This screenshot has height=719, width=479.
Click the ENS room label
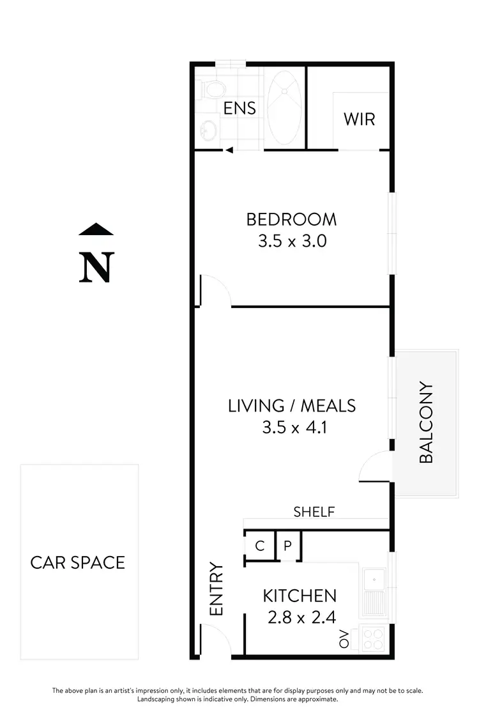pyautogui.click(x=240, y=108)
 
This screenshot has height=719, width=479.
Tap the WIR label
pyautogui.click(x=359, y=119)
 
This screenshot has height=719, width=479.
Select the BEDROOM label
pyautogui.click(x=291, y=220)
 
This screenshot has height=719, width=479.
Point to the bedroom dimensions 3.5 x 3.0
pyautogui.click(x=291, y=242)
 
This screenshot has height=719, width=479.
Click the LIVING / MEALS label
pyautogui.click(x=292, y=406)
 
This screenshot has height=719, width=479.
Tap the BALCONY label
pyautogui.click(x=426, y=422)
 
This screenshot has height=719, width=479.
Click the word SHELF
pyautogui.click(x=314, y=511)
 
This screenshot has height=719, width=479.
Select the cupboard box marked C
pyautogui.click(x=259, y=546)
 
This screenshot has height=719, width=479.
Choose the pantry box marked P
pyautogui.click(x=287, y=546)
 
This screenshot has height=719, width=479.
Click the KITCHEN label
pyautogui.click(x=300, y=596)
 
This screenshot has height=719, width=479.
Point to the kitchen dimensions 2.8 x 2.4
pyautogui.click(x=300, y=617)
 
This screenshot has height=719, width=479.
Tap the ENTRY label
pyautogui.click(x=217, y=589)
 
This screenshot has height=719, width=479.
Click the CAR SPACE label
pyautogui.click(x=78, y=562)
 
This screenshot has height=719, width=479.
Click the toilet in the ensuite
pyautogui.click(x=209, y=91)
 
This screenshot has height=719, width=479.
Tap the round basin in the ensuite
pyautogui.click(x=206, y=130)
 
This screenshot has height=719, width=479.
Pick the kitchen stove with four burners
pyautogui.click(x=373, y=638)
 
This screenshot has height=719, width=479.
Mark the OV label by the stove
pyautogui.click(x=344, y=638)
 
